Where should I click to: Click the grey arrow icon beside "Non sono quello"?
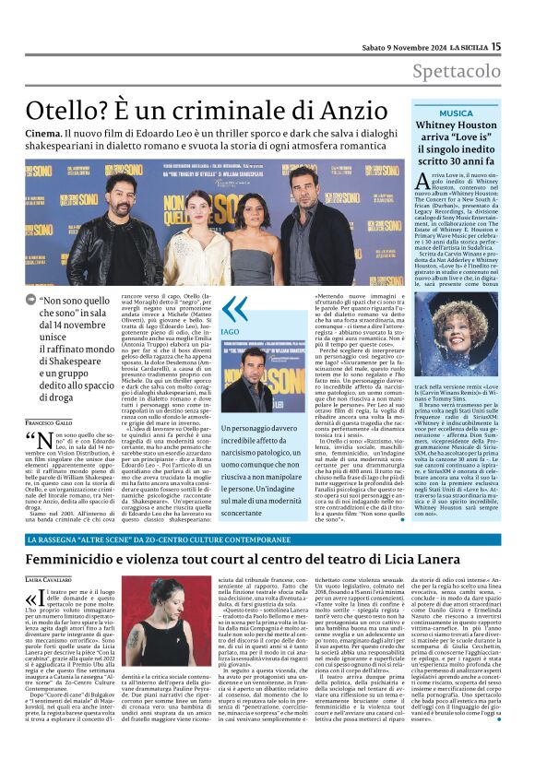pyautogui.click(x=32, y=300)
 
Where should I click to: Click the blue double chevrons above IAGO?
pyautogui.click(x=234, y=309)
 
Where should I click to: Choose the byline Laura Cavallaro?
pyautogui.click(x=52, y=579)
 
